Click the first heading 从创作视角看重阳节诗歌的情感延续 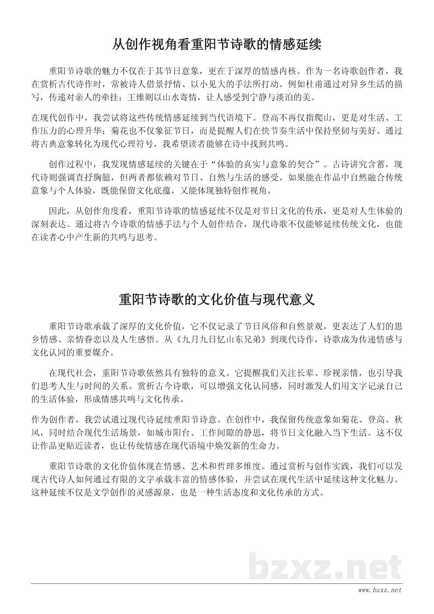click(x=217, y=45)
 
